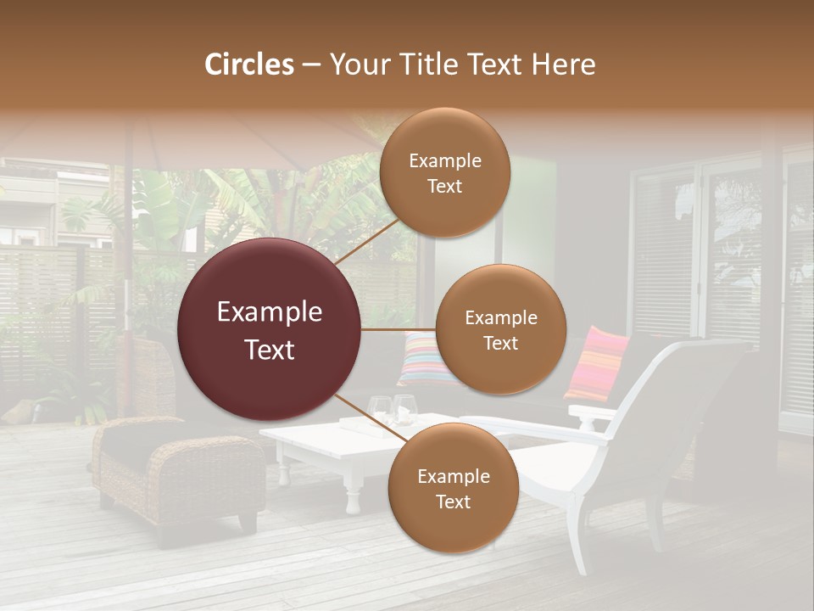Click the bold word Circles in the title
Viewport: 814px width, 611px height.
(248, 64)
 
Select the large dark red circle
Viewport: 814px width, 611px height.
(270, 329)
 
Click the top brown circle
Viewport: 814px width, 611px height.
(443, 172)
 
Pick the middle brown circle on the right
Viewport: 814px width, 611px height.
(500, 329)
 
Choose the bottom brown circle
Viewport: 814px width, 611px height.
(453, 488)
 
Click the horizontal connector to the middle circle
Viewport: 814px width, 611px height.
(399, 329)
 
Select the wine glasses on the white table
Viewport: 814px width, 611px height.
(393, 409)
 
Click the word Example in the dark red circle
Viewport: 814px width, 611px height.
(270, 312)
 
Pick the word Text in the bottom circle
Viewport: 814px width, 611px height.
(453, 502)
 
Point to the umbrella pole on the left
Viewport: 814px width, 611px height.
(129, 255)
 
